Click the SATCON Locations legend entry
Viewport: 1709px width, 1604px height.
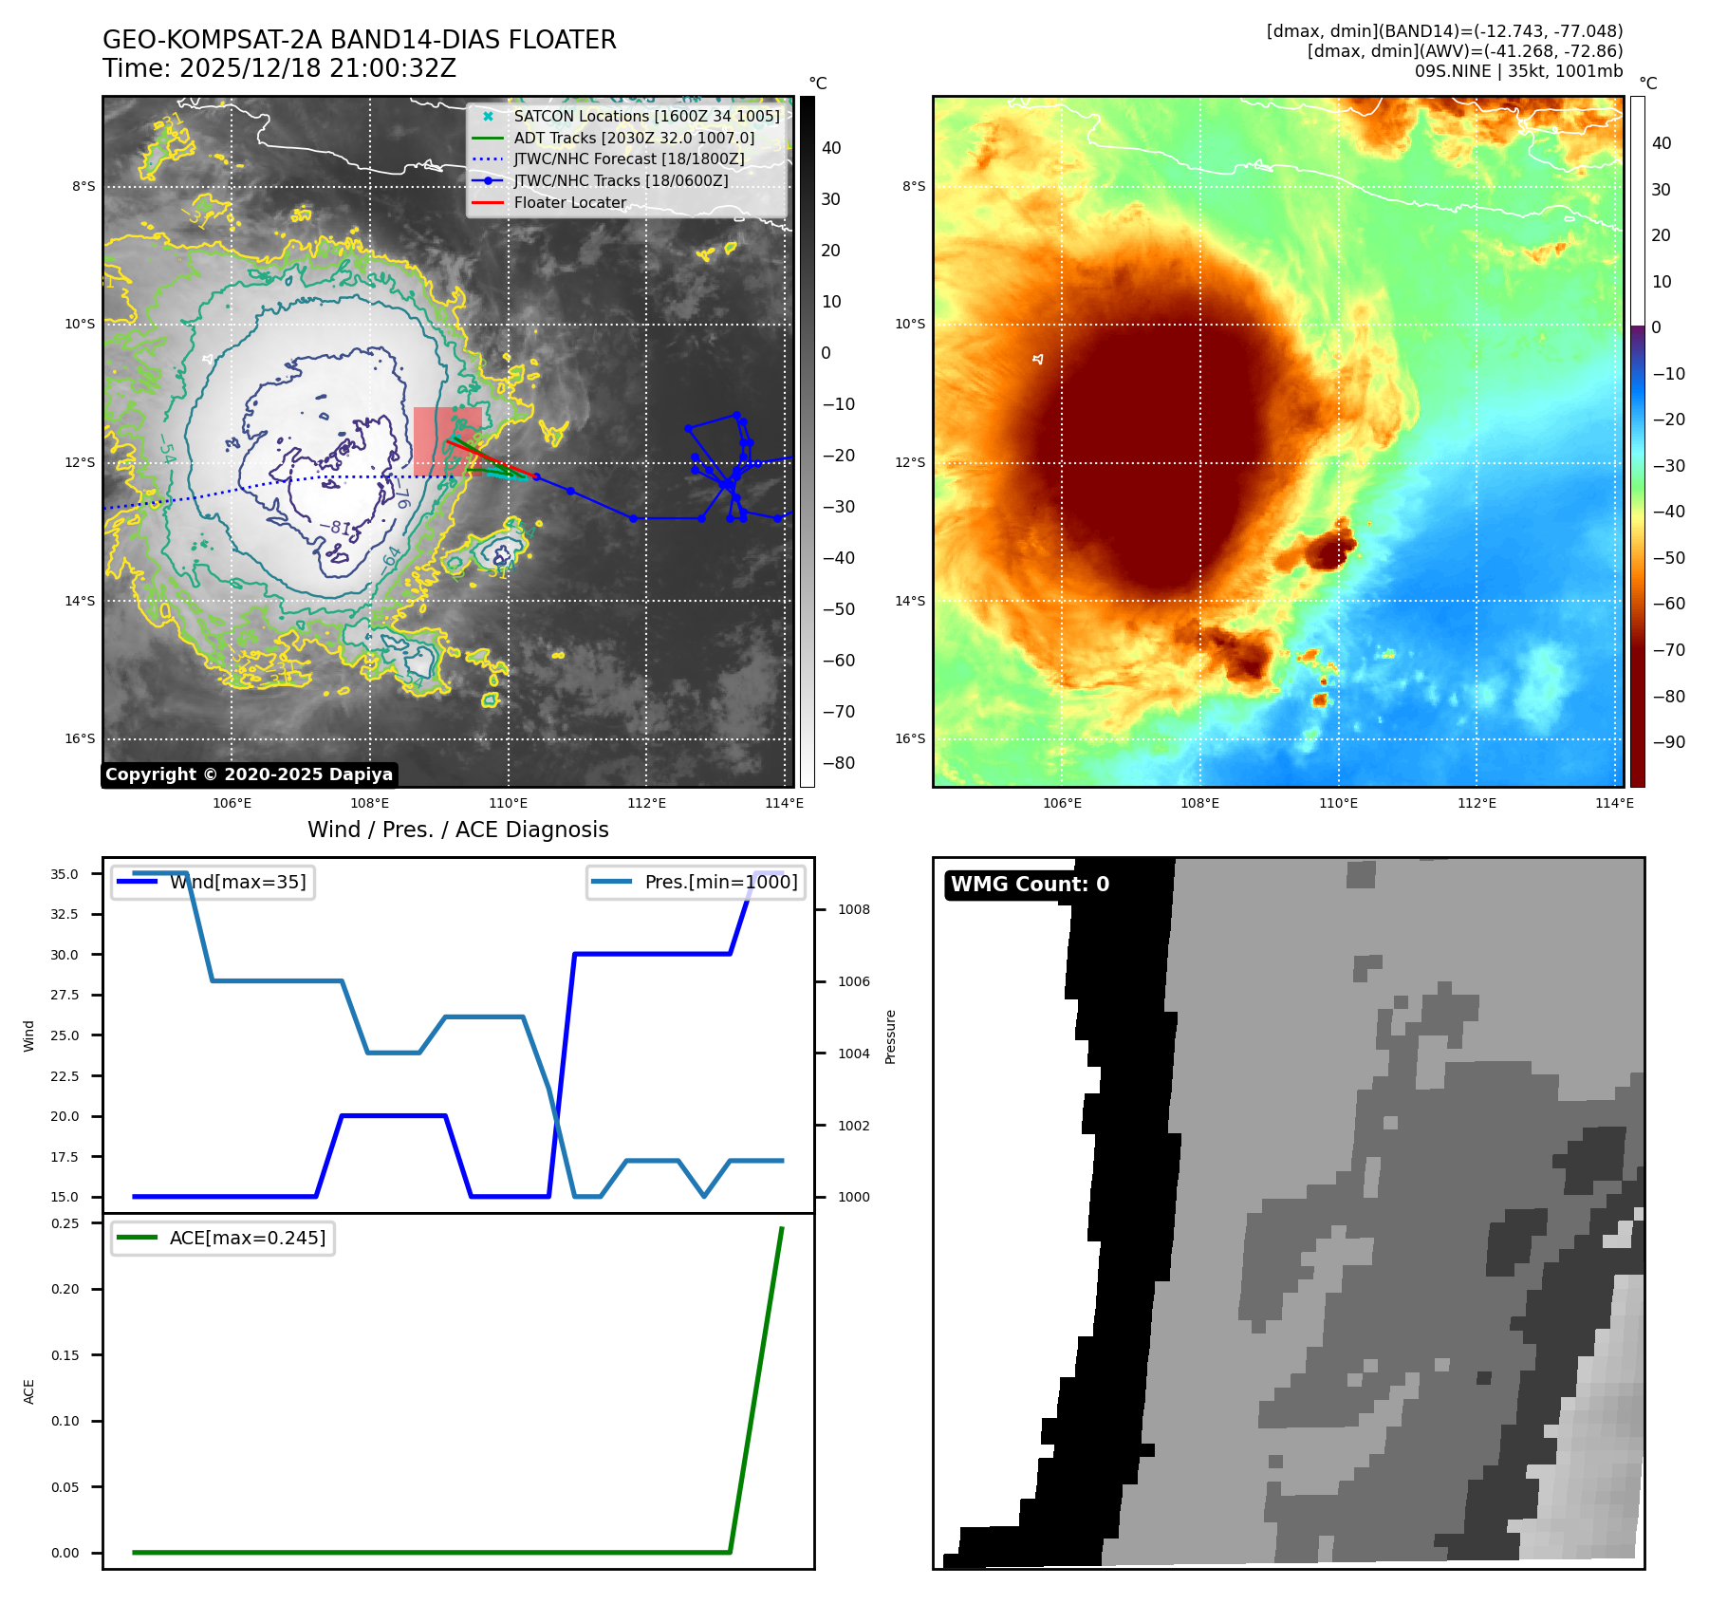point(646,116)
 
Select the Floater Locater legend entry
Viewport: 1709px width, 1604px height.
point(569,202)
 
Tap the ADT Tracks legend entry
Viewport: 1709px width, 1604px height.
point(634,138)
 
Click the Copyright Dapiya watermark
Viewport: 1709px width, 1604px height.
point(249,774)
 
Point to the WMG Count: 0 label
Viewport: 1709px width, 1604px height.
point(1030,885)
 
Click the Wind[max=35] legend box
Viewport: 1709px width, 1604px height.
point(213,883)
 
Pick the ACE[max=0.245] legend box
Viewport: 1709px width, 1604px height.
point(223,1238)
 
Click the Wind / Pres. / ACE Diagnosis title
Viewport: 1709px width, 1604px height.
point(458,830)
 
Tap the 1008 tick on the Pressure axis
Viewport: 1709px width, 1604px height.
point(853,909)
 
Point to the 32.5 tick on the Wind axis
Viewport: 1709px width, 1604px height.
point(65,914)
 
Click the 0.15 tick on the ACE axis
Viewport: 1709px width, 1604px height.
point(65,1355)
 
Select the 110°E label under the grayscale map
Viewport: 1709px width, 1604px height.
point(509,803)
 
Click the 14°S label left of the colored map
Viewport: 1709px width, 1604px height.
point(910,601)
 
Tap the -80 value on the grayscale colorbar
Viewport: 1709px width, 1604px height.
point(838,763)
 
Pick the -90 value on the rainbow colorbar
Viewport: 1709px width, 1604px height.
point(1668,742)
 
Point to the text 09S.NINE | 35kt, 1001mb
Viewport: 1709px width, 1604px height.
point(1518,71)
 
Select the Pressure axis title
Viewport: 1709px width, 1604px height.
point(891,1036)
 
